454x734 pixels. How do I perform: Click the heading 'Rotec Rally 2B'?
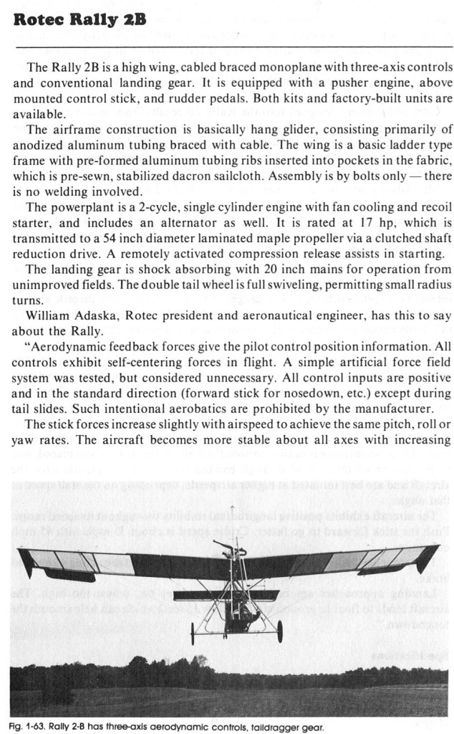(x=79, y=18)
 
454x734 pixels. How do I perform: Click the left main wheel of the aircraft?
(x=193, y=633)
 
